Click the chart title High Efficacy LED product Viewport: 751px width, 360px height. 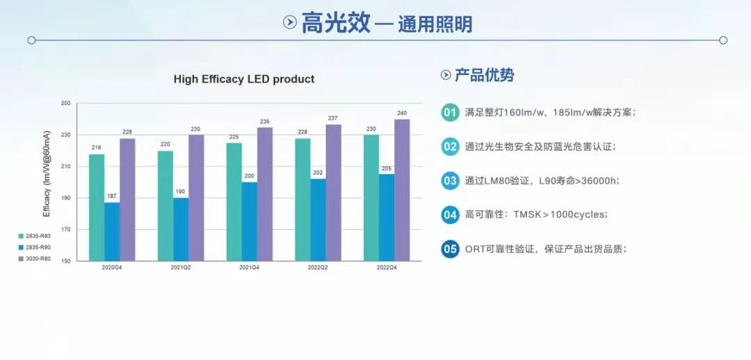click(243, 79)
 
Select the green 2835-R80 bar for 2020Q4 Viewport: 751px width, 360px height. click(97, 207)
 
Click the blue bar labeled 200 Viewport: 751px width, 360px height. click(249, 221)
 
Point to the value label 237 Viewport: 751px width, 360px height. click(333, 117)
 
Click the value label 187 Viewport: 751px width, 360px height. click(112, 196)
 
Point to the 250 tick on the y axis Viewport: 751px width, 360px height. click(66, 104)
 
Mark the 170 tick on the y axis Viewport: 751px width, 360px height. click(66, 229)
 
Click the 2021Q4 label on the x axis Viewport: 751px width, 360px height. click(250, 268)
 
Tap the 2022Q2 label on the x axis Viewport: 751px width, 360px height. click(318, 268)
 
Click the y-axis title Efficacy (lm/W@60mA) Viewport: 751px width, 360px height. click(47, 182)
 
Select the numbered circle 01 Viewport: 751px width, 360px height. click(450, 113)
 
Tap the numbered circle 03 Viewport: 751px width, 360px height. click(450, 181)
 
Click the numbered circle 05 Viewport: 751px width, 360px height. click(450, 249)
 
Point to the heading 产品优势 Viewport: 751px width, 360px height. click(484, 75)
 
